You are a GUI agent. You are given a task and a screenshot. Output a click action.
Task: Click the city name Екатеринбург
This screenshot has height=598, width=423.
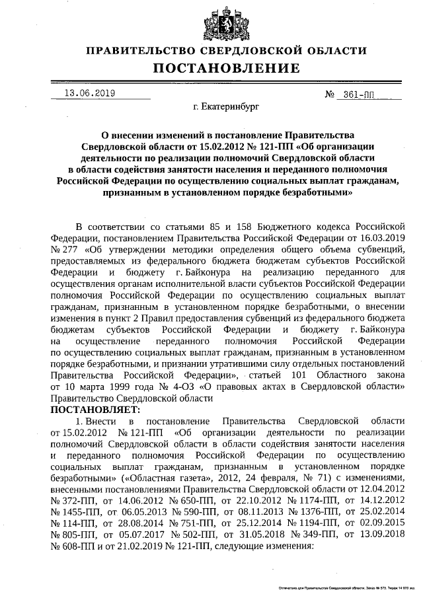tap(226, 106)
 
